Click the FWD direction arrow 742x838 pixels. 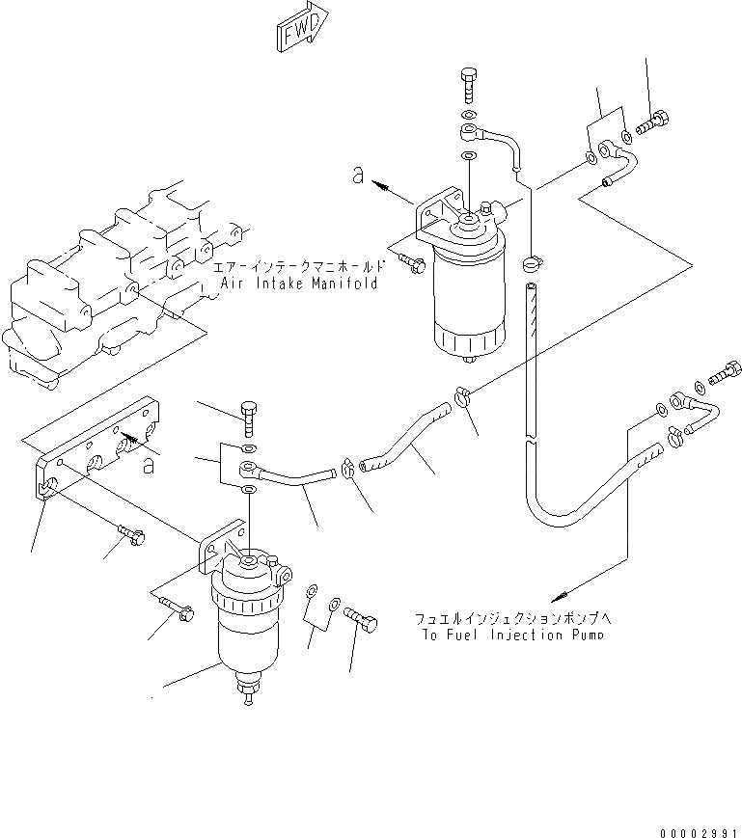pyautogui.click(x=302, y=32)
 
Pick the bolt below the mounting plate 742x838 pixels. pyautogui.click(x=129, y=533)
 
